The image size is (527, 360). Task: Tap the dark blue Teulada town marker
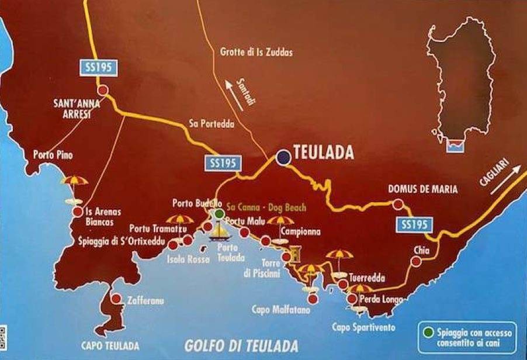click(283, 157)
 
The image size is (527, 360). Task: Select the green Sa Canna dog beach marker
click(219, 214)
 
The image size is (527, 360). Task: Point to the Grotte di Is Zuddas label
click(256, 53)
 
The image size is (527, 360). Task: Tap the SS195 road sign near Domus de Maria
click(415, 224)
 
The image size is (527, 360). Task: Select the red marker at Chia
click(415, 262)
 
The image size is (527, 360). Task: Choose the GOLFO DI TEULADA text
click(242, 345)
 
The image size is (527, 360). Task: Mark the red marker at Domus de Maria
click(398, 204)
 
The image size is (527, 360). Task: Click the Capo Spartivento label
click(363, 327)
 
